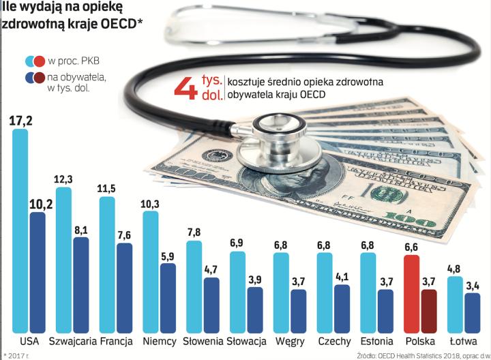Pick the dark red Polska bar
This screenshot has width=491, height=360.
[x=429, y=310]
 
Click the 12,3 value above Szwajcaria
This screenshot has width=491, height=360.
[x=63, y=179]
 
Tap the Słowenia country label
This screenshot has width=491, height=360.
[x=203, y=341]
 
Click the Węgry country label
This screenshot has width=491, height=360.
[x=291, y=341]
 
